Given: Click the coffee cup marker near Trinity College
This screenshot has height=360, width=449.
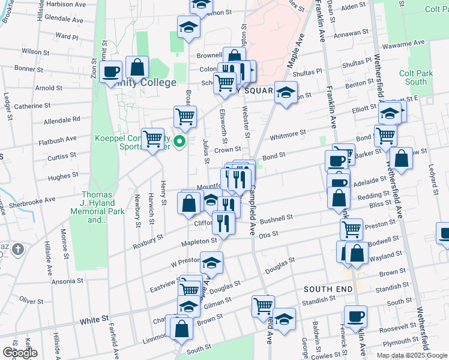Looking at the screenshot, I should point(111,72).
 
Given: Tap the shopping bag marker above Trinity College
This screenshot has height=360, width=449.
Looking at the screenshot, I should point(137,68).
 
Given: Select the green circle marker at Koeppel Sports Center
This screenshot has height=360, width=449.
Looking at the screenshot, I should point(179,142).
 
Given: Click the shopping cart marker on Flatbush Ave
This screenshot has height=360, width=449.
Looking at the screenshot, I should point(153,139).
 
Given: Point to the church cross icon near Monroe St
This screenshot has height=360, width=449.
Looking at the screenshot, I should point(19,249).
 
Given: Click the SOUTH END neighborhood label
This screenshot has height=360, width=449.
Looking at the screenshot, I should point(328,289).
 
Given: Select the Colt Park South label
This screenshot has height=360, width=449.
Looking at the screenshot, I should point(416,77).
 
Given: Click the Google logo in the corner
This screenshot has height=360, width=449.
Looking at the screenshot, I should point(20,353).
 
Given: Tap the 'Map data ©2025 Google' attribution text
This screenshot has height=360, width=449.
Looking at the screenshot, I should point(411,355).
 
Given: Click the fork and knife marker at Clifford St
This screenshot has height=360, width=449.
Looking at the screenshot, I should point(223,223).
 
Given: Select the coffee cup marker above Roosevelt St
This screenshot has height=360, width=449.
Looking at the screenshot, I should point(355,316).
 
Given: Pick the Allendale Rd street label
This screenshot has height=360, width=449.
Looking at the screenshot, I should point(62,120).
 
